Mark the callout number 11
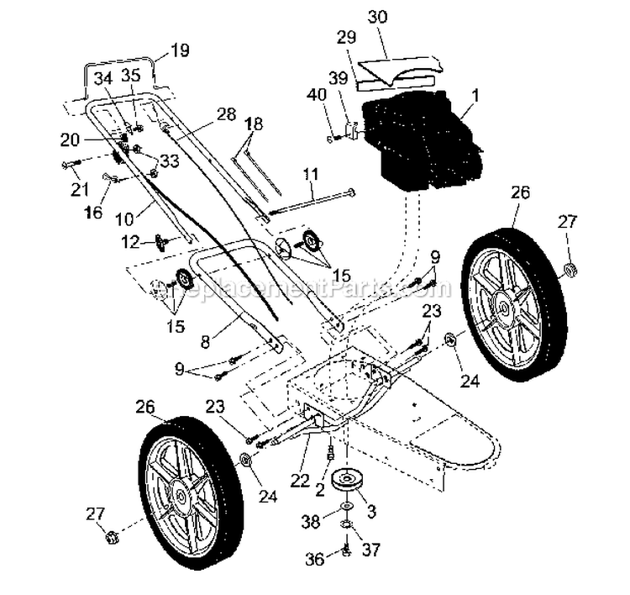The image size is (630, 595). tap(311, 175)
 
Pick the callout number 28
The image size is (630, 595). tap(226, 114)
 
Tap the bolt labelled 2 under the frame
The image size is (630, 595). tap(330, 450)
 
